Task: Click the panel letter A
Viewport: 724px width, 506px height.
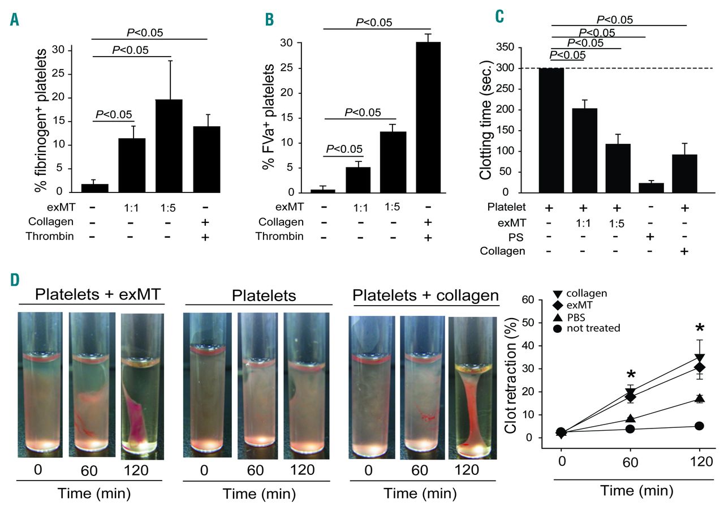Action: click(14, 20)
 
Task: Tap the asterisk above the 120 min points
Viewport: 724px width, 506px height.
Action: click(700, 329)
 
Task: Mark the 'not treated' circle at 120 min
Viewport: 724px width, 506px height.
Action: click(699, 426)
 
